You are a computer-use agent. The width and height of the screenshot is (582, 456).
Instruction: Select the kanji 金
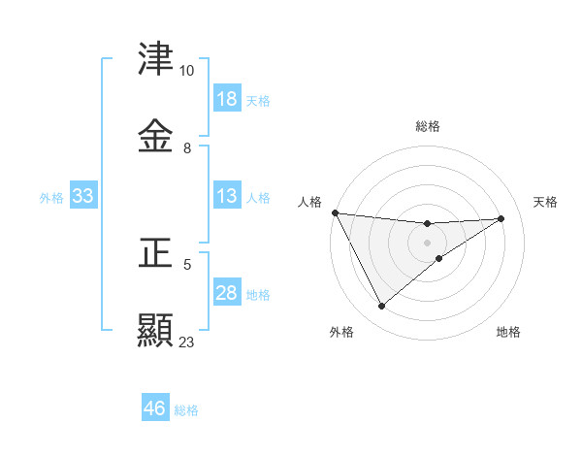[156, 136]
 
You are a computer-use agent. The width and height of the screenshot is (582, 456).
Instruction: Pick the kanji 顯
[156, 330]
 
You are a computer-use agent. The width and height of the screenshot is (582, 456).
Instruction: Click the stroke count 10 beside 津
[186, 71]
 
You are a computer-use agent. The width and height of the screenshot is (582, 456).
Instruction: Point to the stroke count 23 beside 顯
[186, 342]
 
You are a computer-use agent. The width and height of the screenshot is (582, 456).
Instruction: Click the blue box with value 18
[227, 99]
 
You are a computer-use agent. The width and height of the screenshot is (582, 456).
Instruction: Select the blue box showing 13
[227, 197]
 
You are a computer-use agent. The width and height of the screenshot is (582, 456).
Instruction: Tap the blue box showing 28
[227, 294]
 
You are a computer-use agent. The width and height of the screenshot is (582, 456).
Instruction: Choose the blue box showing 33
[82, 197]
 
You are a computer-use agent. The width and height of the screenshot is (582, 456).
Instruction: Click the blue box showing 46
[155, 408]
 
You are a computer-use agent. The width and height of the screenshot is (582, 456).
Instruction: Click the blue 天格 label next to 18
[258, 100]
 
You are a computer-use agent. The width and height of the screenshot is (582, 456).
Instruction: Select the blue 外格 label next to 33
[51, 198]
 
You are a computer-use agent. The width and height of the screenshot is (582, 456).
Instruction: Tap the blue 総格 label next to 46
[186, 409]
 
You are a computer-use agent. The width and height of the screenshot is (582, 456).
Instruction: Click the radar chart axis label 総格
[428, 126]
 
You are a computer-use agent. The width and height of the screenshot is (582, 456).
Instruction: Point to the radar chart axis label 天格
[546, 202]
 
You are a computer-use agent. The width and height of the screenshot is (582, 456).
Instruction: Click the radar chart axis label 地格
[508, 332]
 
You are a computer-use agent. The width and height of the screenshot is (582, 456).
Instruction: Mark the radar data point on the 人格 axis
[335, 212]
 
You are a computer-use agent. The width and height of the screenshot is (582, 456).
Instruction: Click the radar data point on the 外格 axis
[381, 307]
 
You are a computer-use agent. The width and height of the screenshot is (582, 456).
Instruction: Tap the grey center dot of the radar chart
[428, 243]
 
